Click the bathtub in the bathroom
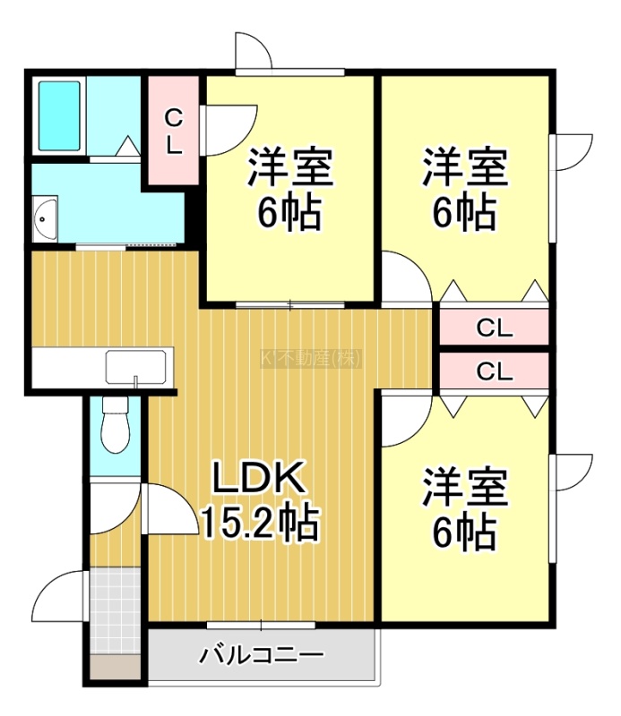pos(59,116)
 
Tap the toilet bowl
pos(116,425)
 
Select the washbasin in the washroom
pos(45,218)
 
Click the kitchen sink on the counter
pos(136,367)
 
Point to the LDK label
pos(259,477)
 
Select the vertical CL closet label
pos(173,132)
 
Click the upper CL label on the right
pos(495,328)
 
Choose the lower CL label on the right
pos(495,371)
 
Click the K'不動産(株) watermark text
pos(311,359)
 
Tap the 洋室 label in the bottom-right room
pos(464,486)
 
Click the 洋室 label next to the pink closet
pos(290,166)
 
